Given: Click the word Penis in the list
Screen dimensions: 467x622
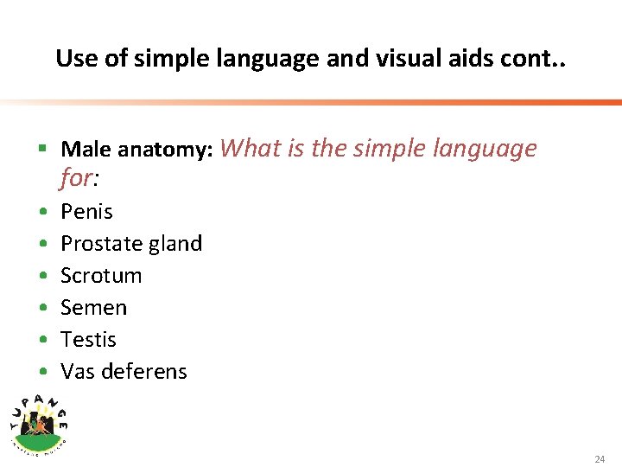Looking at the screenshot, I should click(86, 212).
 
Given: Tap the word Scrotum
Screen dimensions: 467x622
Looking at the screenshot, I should click(101, 276).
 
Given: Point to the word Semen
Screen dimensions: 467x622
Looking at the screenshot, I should click(93, 308).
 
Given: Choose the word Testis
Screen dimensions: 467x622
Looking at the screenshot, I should click(88, 340).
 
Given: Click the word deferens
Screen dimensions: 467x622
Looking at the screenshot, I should click(143, 372).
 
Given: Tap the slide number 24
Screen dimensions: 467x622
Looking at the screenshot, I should click(600, 459).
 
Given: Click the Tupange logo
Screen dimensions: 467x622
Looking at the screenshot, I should click(39, 423).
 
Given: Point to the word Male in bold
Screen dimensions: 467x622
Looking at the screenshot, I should click(86, 150).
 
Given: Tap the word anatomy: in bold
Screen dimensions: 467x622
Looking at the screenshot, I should click(165, 150).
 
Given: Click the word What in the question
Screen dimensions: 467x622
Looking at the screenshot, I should click(251, 149).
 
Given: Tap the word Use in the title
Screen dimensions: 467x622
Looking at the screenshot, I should click(73, 58).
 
